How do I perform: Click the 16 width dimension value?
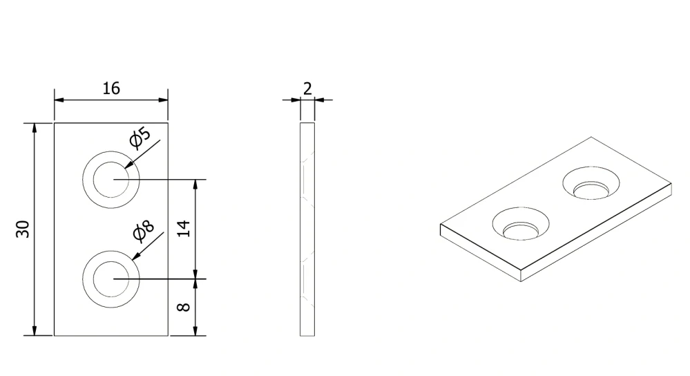pyautogui.click(x=111, y=88)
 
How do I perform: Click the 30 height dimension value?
pyautogui.click(x=23, y=229)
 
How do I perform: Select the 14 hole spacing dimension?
pyautogui.click(x=184, y=229)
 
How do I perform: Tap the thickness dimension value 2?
pyautogui.click(x=307, y=89)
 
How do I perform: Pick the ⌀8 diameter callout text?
pyautogui.click(x=144, y=231)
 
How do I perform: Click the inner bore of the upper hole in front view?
pyautogui.click(x=111, y=180)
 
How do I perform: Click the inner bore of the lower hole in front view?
pyautogui.click(x=111, y=279)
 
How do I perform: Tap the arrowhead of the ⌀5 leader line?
pyautogui.click(x=128, y=164)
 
